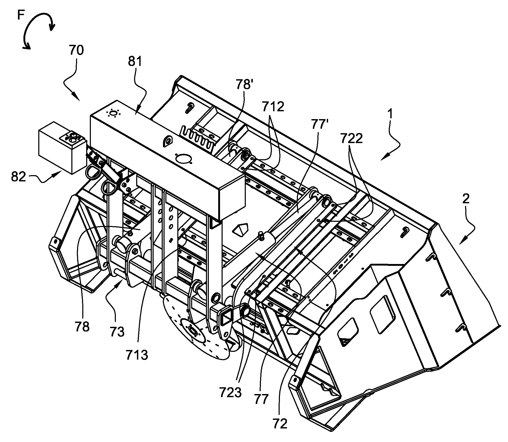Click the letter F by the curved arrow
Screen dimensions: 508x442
pos(21,15)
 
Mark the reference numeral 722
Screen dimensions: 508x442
pos(351,138)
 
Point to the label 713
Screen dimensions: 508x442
pos(137,355)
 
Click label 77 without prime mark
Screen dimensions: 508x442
pos(261,399)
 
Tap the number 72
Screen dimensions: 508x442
pos(280,424)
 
